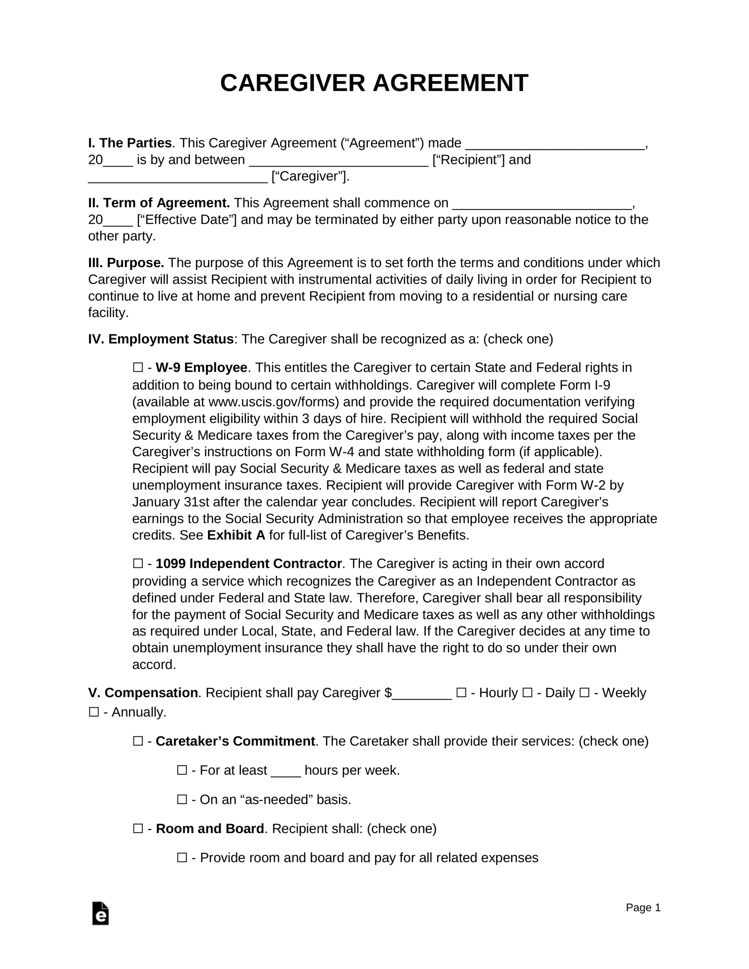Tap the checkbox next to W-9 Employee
[x=137, y=368]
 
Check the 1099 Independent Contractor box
[x=137, y=564]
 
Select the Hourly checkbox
[x=461, y=693]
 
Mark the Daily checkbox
[x=527, y=693]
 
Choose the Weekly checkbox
[x=584, y=693]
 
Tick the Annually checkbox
[x=94, y=712]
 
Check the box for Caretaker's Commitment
[x=137, y=742]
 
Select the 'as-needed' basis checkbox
[x=182, y=799]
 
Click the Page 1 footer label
[x=643, y=907]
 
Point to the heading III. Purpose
[x=126, y=263]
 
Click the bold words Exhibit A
[x=236, y=535]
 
